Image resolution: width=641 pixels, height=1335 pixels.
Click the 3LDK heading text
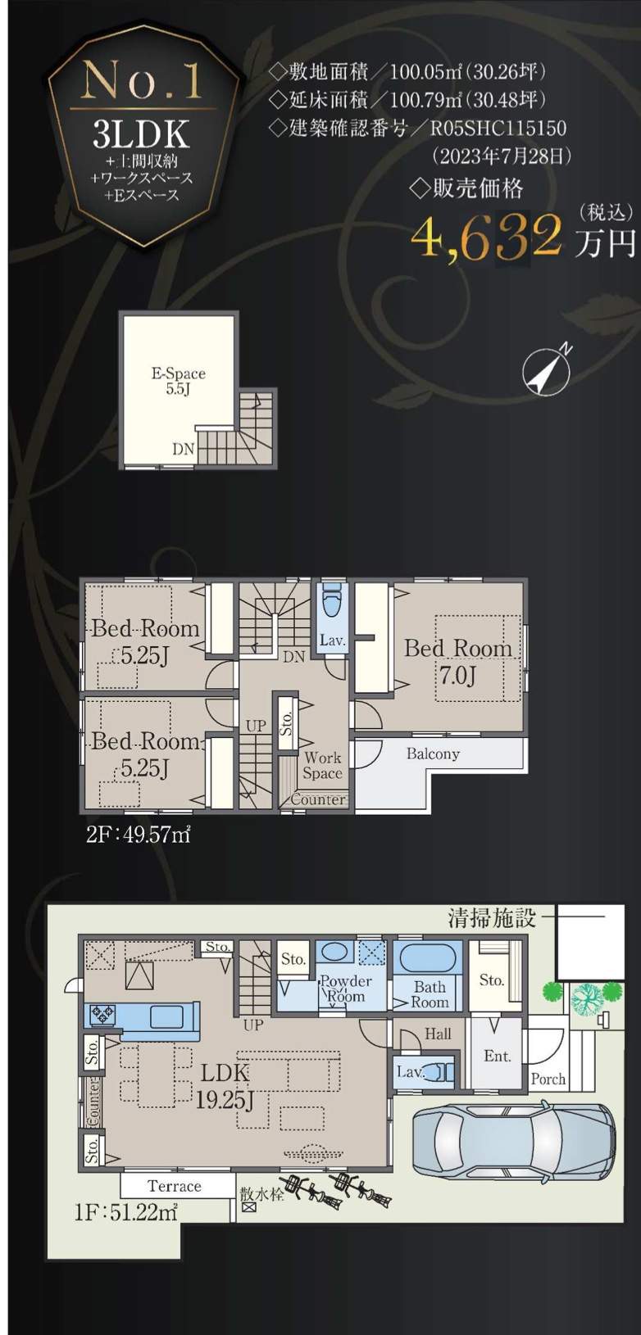pyautogui.click(x=141, y=134)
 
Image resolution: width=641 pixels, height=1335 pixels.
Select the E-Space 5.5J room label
pyautogui.click(x=179, y=382)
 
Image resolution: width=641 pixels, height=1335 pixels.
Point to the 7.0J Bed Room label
pyautogui.click(x=458, y=662)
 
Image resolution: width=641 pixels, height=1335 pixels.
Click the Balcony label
pyautogui.click(x=433, y=754)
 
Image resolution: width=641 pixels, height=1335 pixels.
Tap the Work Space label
pyautogui.click(x=322, y=766)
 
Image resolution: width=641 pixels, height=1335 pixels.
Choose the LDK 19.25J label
pyautogui.click(x=225, y=1086)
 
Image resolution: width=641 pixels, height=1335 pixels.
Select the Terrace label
pyautogui.click(x=174, y=1186)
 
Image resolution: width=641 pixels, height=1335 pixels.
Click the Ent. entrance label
pyautogui.click(x=498, y=1056)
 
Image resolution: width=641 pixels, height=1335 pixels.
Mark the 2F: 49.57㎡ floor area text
pyautogui.click(x=139, y=835)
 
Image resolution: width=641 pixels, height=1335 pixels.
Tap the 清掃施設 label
pyautogui.click(x=492, y=918)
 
